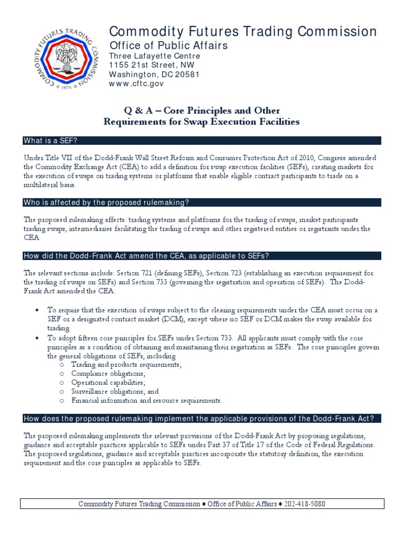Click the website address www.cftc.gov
click(x=134, y=84)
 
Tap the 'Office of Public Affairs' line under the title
click(x=168, y=45)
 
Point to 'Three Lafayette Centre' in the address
click(x=155, y=56)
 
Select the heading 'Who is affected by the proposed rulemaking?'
click(x=106, y=203)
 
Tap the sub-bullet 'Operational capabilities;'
click(x=108, y=382)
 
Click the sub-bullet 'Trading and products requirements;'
click(x=127, y=364)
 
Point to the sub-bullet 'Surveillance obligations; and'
click(x=115, y=391)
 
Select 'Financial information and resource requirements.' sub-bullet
click(x=147, y=400)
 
